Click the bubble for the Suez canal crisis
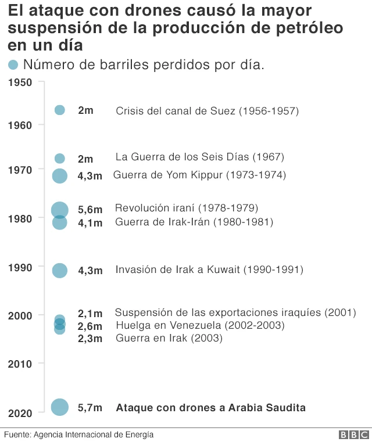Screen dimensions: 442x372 point(60,110)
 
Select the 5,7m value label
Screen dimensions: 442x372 point(90,408)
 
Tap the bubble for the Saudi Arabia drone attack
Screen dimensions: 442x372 point(60,408)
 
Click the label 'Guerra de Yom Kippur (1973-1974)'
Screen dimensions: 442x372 point(199,175)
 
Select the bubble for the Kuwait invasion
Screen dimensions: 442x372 point(60,270)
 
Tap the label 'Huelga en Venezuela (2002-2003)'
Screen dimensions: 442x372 point(200,325)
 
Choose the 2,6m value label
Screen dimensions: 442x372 point(90,326)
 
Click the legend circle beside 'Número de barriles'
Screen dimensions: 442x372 point(13,64)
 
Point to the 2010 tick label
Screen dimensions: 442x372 point(20,364)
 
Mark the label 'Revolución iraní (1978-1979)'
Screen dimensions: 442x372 point(187,208)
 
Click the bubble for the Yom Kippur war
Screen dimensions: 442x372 point(60,175)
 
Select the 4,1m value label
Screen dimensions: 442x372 point(90,222)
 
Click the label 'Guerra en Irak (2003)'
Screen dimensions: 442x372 point(169,338)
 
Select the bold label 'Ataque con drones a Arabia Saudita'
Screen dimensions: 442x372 point(211,408)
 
